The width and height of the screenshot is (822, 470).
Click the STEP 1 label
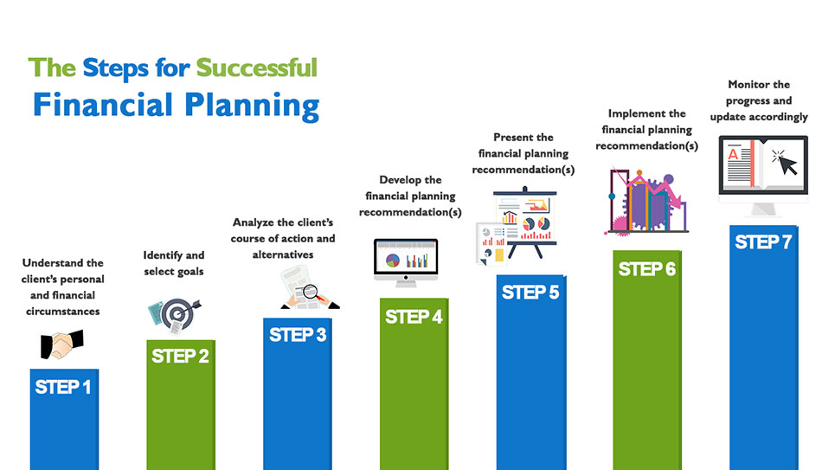click(x=63, y=387)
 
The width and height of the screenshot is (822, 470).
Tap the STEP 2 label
click(x=180, y=356)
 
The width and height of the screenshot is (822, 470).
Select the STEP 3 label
click(x=298, y=335)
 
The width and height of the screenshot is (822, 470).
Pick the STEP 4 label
click(x=414, y=317)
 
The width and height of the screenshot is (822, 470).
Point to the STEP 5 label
click(x=530, y=293)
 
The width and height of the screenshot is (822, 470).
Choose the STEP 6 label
click(x=647, y=269)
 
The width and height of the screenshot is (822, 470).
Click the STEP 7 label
click(x=763, y=241)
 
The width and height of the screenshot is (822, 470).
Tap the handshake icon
click(x=61, y=344)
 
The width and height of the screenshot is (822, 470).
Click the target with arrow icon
click(x=175, y=316)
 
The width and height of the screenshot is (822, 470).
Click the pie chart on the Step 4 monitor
click(x=393, y=261)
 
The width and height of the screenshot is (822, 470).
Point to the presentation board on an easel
click(x=524, y=222)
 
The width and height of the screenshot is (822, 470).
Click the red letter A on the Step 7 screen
click(x=733, y=154)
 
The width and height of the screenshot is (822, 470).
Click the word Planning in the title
click(x=252, y=106)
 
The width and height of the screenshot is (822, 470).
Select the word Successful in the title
click(x=256, y=68)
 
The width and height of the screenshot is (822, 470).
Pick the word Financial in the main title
click(x=103, y=104)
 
